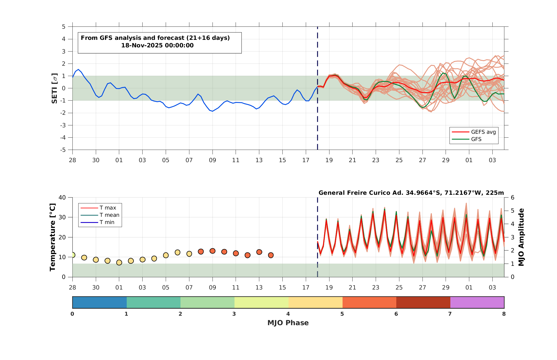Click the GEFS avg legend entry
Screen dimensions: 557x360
(473, 132)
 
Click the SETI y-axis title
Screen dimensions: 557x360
(55, 88)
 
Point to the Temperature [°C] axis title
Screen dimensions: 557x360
(52, 237)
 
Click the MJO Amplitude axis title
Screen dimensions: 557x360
(521, 237)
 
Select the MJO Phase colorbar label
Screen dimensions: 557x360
(288, 323)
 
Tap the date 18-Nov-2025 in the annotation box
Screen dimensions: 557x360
(142, 45)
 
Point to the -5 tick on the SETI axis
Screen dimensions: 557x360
(64, 150)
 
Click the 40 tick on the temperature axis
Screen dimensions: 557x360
(62, 198)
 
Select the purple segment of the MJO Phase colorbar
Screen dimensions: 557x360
(477, 302)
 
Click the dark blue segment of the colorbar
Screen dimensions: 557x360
(99, 302)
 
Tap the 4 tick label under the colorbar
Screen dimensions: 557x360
(288, 314)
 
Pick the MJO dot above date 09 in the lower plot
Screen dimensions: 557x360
(212, 251)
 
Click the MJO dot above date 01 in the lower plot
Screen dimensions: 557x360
(119, 262)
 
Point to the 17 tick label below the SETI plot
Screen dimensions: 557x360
(306, 160)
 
